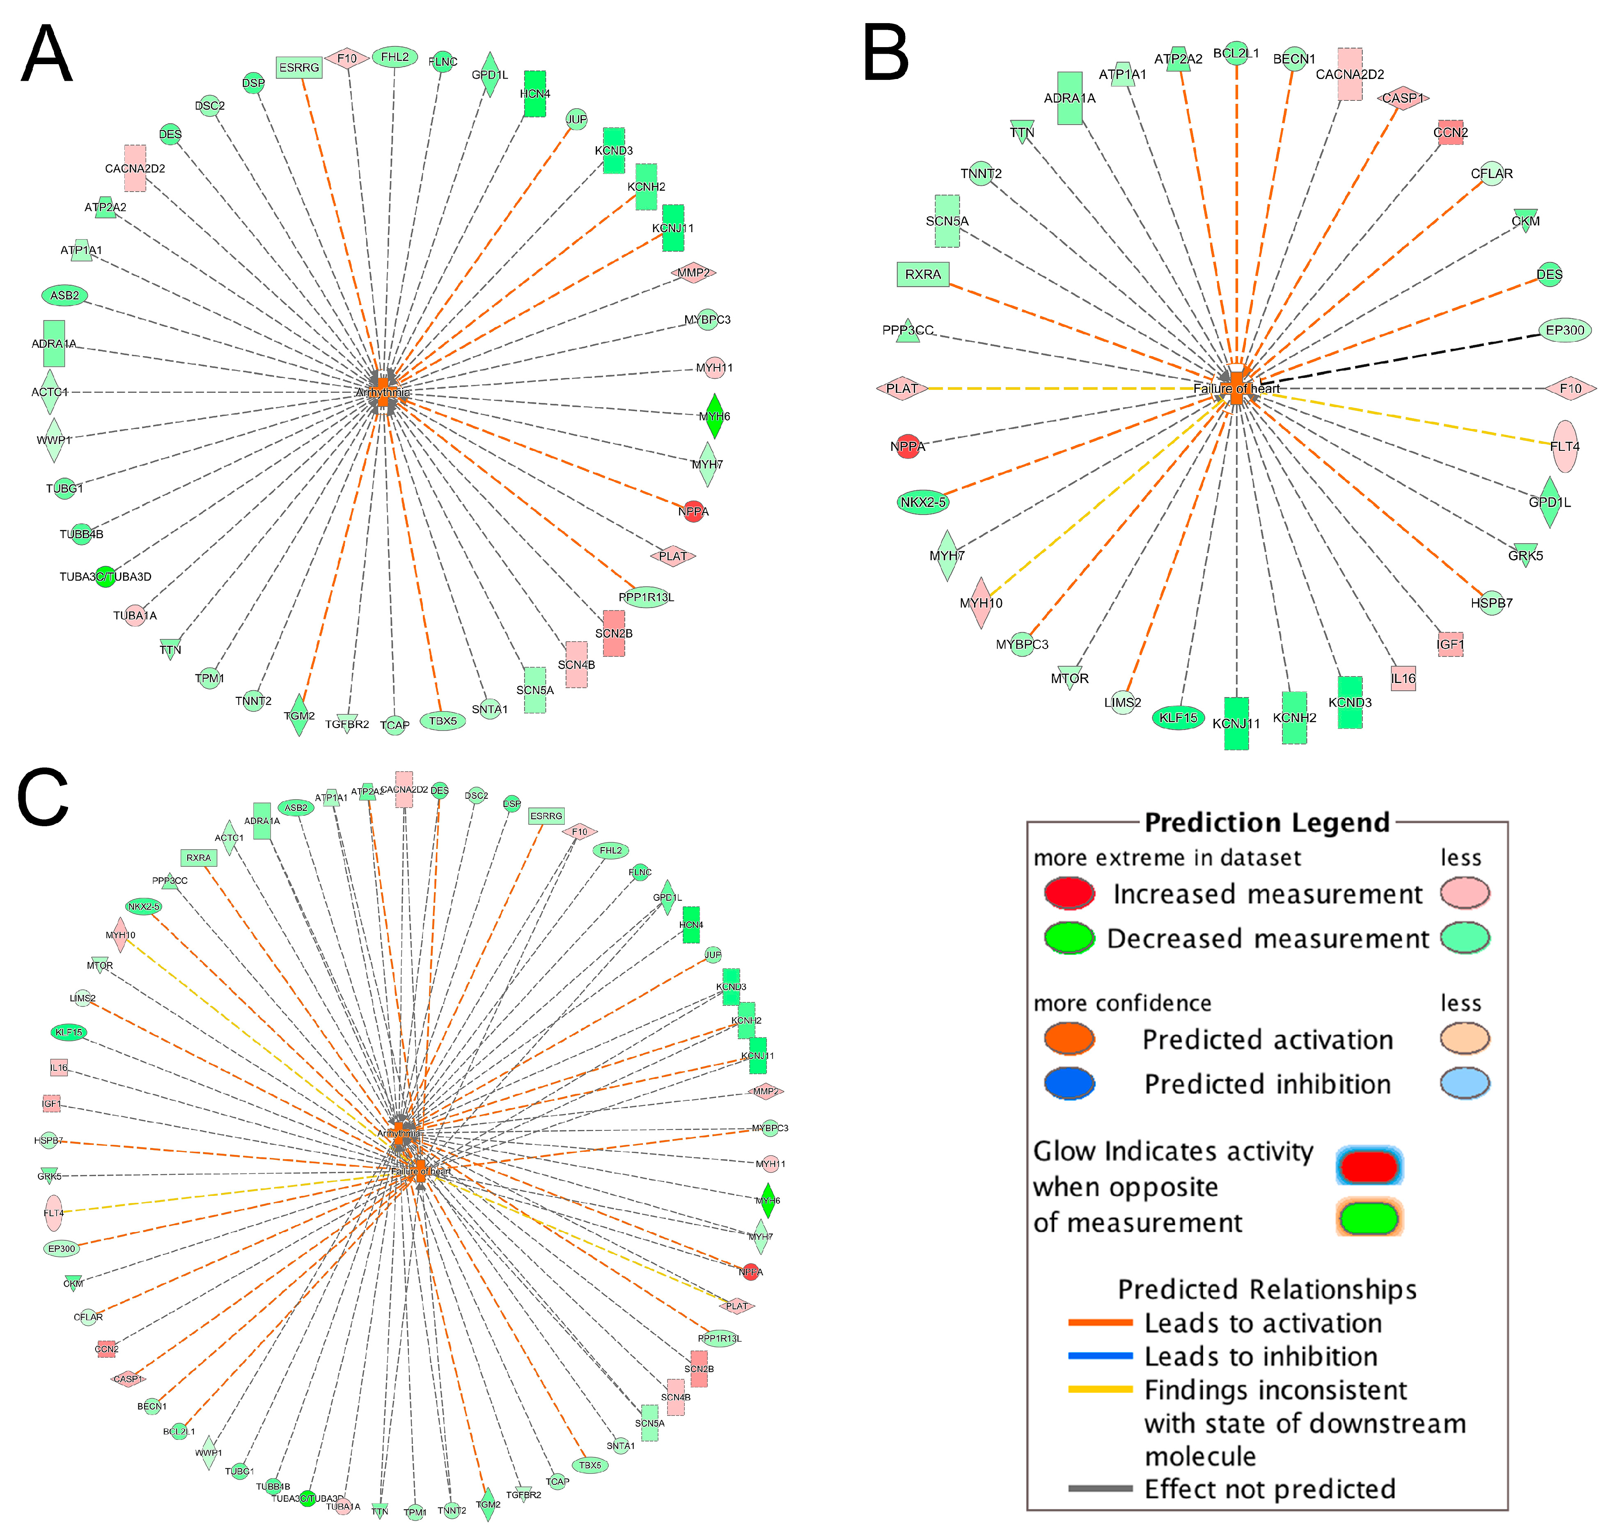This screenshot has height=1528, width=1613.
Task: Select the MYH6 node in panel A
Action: point(714,416)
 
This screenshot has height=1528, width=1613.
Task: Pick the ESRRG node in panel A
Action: point(299,68)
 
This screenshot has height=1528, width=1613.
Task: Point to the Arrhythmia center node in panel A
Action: point(383,392)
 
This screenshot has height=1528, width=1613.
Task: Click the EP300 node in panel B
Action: point(1565,330)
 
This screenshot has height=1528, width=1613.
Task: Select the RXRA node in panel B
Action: point(923,275)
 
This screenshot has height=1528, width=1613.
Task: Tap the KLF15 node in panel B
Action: point(1177,718)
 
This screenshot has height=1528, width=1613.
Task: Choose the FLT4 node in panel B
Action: point(1564,446)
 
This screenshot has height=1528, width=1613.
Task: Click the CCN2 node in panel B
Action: point(1450,132)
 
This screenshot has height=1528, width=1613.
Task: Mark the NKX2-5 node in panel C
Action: point(143,906)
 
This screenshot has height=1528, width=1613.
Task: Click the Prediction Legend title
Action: point(1267,823)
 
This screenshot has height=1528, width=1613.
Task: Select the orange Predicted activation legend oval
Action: point(1069,1039)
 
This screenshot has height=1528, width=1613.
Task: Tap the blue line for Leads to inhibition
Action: point(1100,1356)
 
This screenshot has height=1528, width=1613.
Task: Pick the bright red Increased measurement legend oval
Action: point(1069,893)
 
